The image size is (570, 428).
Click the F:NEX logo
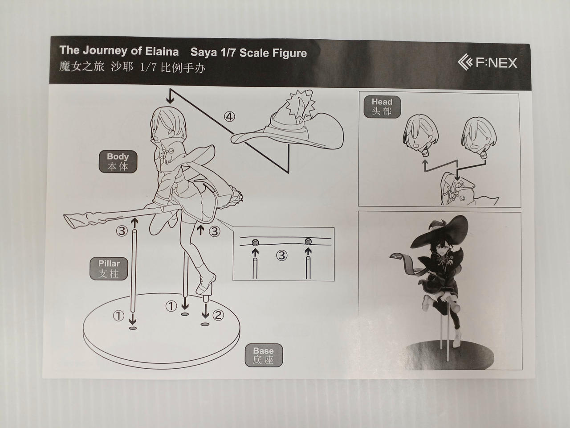[487, 62]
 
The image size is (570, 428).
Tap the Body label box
[118, 161]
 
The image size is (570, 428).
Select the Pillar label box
[109, 268]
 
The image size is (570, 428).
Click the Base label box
[264, 355]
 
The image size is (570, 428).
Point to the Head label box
[382, 107]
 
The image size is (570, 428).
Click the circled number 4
[229, 117]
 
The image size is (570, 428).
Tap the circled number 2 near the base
[218, 315]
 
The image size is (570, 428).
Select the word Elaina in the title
[162, 51]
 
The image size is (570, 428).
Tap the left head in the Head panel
[421, 136]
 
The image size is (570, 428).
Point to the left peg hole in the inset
[255, 243]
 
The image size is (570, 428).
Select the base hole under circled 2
[205, 324]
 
